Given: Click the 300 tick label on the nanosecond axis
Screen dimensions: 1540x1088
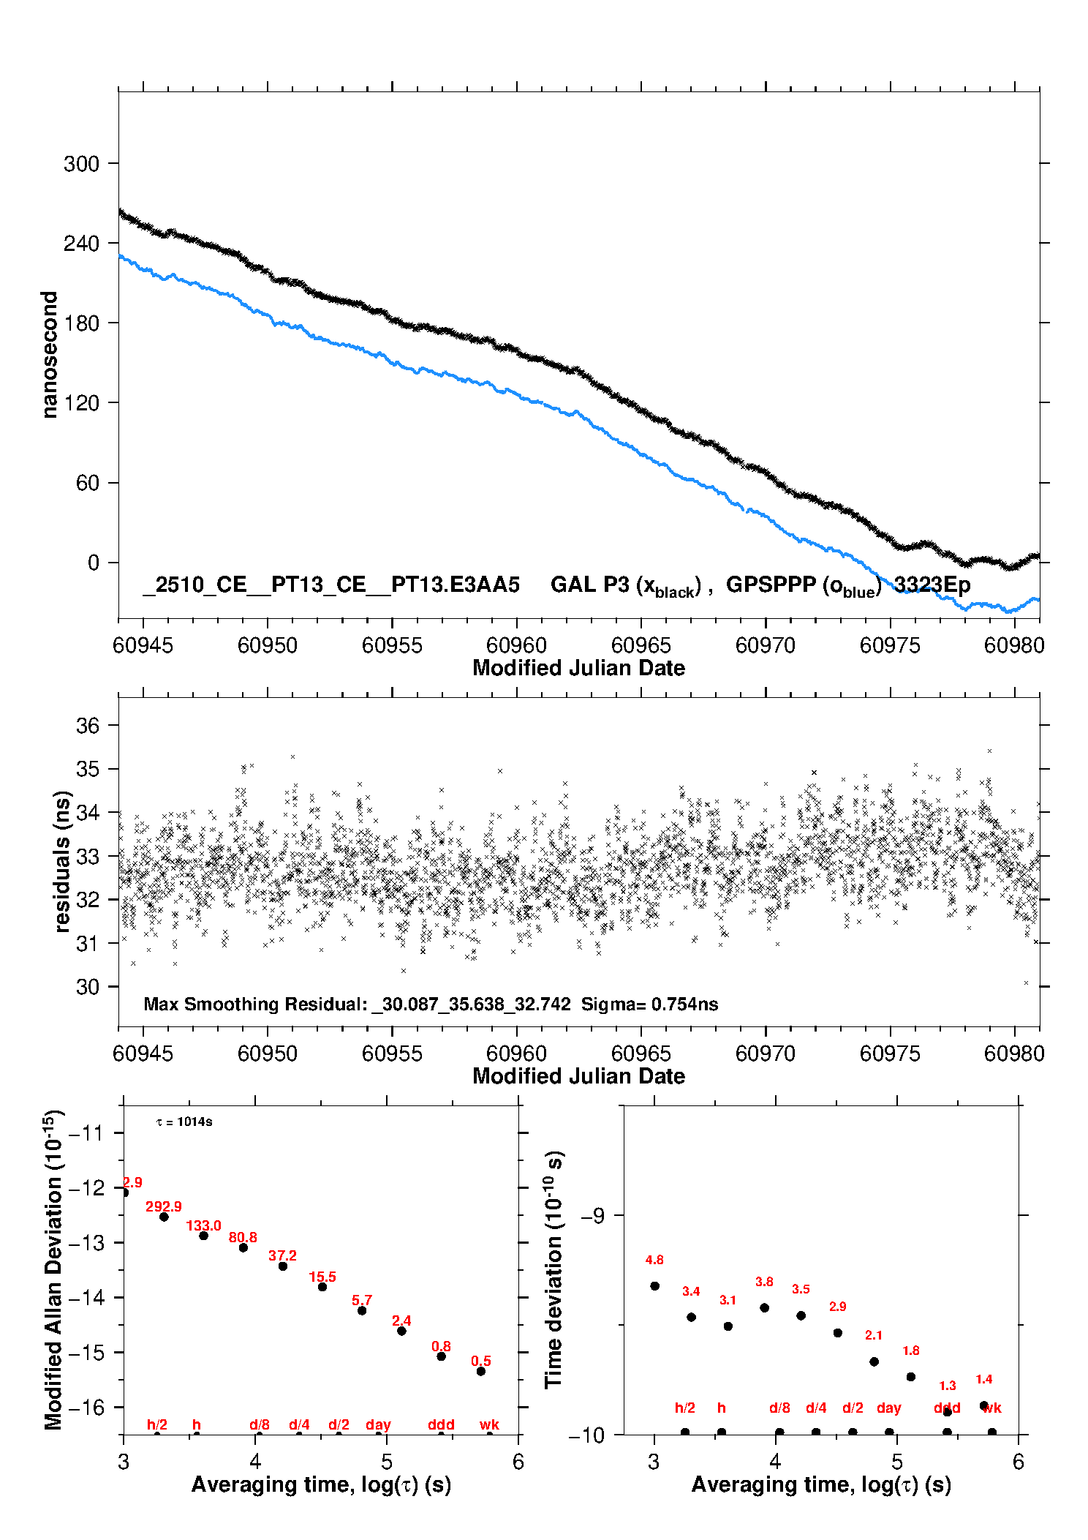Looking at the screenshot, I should point(81,164).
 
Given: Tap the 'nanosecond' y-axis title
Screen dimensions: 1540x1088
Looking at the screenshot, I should point(50,354).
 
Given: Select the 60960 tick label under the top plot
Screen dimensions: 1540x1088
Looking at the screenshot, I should point(516,645).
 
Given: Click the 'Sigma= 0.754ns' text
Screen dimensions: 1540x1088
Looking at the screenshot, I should point(649,1004).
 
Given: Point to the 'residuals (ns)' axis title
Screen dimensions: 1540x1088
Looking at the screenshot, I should point(63,861).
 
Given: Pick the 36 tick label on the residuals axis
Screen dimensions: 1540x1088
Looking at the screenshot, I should point(88,726).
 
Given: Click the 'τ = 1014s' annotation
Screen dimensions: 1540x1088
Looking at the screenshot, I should point(184,1122).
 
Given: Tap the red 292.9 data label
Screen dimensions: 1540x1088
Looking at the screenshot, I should point(163,1206).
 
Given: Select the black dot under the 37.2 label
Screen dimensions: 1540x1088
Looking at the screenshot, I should point(283,1266).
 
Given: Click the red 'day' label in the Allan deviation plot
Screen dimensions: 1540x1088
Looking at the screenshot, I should point(378,1424).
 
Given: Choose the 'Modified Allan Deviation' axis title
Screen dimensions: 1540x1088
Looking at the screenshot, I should point(53,1269).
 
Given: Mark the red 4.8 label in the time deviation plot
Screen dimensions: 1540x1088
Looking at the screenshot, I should point(654,1260).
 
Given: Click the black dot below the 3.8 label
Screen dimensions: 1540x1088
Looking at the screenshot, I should point(764,1308).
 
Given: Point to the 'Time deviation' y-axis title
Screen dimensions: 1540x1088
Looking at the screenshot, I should point(554,1269).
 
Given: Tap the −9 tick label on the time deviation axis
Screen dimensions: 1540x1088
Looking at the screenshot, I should point(593,1216).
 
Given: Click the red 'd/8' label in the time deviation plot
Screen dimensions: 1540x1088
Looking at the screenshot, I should point(779,1408).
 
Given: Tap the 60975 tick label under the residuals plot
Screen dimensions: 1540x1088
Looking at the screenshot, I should point(890,1053).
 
